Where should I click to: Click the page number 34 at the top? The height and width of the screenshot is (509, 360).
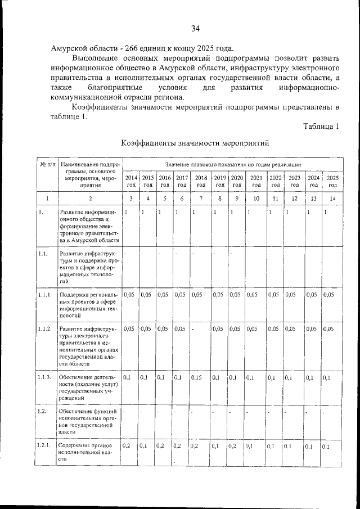(195, 29)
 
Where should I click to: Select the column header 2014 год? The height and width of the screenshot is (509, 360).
(130, 180)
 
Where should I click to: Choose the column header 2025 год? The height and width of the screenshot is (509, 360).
(332, 180)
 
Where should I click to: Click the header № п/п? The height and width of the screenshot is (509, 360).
(47, 164)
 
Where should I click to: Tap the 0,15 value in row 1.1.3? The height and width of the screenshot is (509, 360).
(199, 377)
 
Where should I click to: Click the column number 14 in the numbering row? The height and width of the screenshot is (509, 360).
(332, 199)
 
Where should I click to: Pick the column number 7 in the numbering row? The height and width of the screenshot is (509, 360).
(201, 199)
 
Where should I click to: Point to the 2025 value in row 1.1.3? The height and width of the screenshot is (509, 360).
(327, 377)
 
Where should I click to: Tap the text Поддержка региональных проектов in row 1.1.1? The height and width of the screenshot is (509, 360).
(88, 298)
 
